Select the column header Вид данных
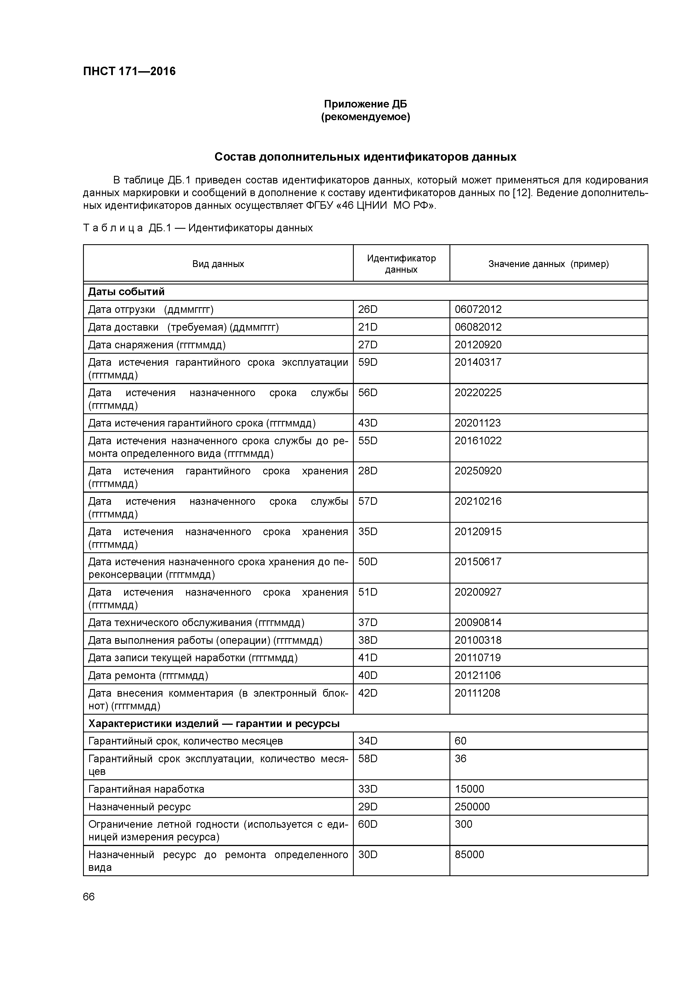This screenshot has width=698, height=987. (218, 264)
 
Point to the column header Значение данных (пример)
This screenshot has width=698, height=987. (548, 264)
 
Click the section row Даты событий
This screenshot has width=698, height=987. (126, 292)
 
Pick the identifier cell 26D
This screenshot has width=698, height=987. (368, 309)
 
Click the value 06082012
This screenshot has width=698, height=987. (478, 327)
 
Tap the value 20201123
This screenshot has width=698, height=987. (478, 423)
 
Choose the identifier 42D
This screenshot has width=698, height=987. (368, 693)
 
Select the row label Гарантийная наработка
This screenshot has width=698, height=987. (146, 789)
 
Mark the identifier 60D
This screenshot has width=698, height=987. (368, 824)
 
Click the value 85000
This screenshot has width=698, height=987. (469, 854)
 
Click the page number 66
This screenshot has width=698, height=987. (89, 897)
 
